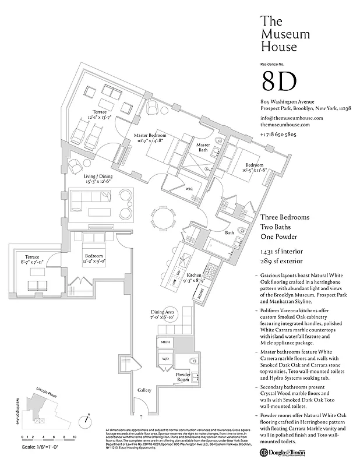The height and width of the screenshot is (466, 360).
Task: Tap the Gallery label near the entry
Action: click(144, 390)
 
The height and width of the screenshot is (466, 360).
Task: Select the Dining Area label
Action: click(163, 315)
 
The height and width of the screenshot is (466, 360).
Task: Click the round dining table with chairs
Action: click(164, 219)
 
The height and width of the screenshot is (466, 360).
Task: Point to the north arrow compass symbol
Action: click(86, 419)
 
